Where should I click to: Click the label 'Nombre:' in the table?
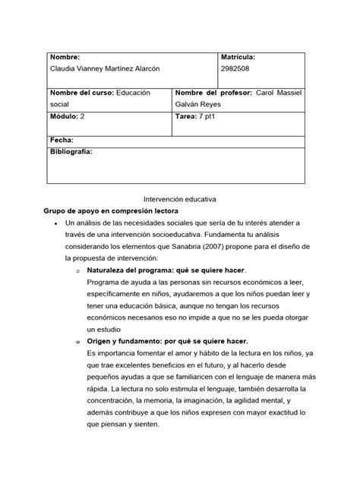tap(65, 57)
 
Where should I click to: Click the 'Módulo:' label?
tap(65, 118)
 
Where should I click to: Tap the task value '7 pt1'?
tap(210, 118)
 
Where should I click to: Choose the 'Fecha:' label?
tap(62, 141)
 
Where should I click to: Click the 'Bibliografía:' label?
tap(71, 153)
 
